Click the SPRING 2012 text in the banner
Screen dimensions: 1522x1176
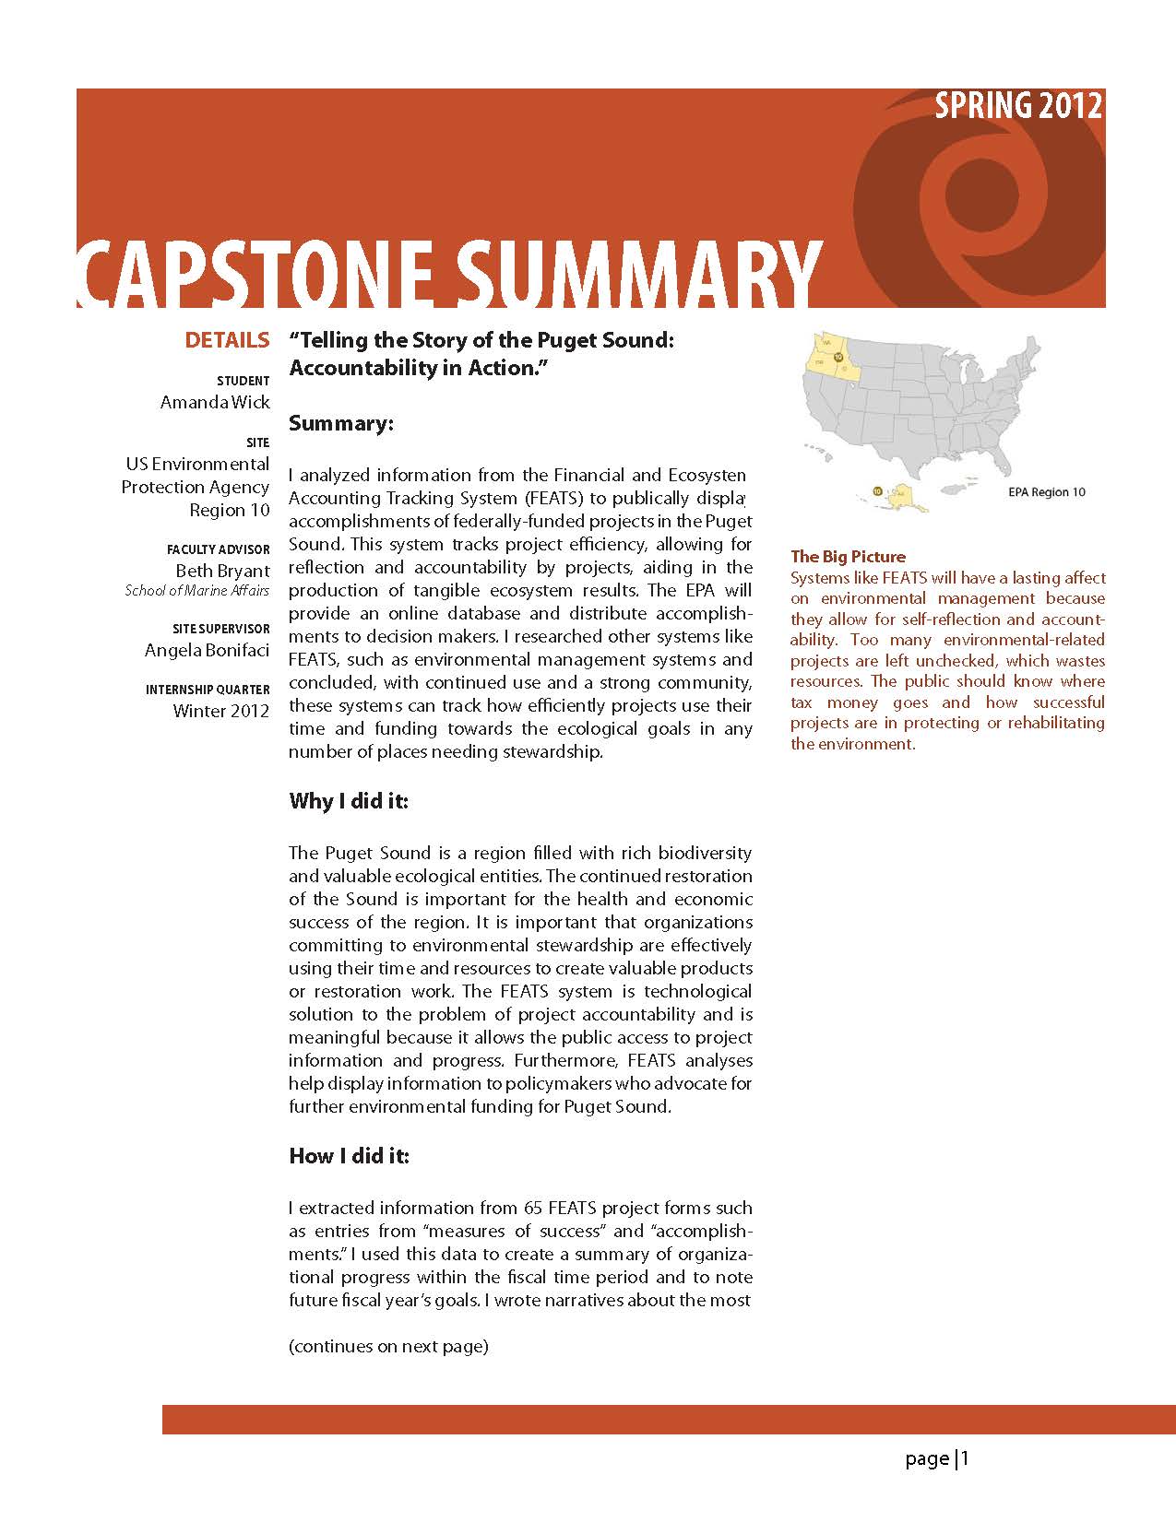click(x=1018, y=107)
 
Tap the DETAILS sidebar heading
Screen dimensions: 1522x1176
click(x=227, y=340)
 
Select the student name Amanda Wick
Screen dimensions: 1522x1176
click(x=215, y=402)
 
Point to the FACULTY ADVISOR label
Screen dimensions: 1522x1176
click(x=219, y=549)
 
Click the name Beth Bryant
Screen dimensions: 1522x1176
click(x=223, y=571)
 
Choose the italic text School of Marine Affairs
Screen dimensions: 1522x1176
click(x=197, y=591)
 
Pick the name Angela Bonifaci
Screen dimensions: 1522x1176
click(x=208, y=650)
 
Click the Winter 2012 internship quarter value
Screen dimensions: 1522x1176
click(x=221, y=711)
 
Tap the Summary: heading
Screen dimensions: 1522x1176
click(x=341, y=423)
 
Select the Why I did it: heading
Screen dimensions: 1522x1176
click(x=349, y=800)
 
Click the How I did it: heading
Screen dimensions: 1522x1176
click(x=349, y=1155)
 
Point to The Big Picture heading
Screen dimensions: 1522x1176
click(x=848, y=557)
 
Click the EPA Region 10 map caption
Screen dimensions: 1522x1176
click(x=1046, y=492)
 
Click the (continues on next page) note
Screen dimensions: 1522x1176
click(x=388, y=1346)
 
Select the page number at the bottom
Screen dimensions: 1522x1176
click(x=937, y=1458)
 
